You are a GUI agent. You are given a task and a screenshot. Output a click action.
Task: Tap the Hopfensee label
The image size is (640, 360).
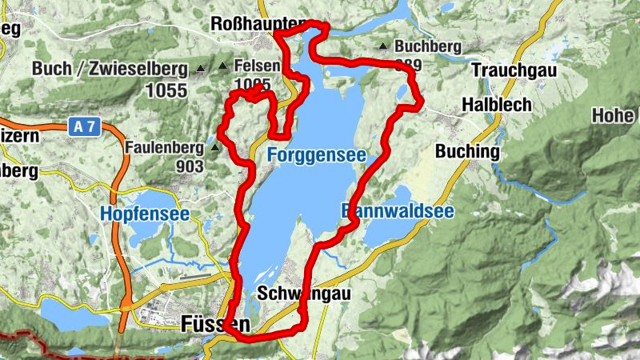pyautogui.click(x=145, y=214)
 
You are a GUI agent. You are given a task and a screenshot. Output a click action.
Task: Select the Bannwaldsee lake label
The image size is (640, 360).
pyautogui.click(x=398, y=212)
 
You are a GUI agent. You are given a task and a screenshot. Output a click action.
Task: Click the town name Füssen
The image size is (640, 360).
pyautogui.click(x=215, y=324)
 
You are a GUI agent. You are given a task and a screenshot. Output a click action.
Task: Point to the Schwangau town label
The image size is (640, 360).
pyautogui.click(x=304, y=294)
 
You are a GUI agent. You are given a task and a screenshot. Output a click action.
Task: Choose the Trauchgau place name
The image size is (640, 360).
pyautogui.click(x=514, y=70)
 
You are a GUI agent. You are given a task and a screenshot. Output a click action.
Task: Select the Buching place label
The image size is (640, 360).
pyautogui.click(x=467, y=151)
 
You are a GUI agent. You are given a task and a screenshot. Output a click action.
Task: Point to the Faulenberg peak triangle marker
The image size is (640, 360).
pyautogui.click(x=215, y=148)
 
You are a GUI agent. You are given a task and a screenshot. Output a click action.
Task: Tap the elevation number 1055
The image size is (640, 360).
pyautogui.click(x=166, y=90)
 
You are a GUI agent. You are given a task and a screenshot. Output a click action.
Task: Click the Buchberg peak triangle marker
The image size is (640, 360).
pyautogui.click(x=384, y=46)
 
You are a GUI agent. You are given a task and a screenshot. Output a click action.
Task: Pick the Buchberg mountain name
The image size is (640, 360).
pyautogui.click(x=428, y=47)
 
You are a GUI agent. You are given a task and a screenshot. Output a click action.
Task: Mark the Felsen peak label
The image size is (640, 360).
pyautogui.click(x=257, y=66)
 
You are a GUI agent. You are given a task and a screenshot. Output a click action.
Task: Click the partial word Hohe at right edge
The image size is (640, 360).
pyautogui.click(x=614, y=115)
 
